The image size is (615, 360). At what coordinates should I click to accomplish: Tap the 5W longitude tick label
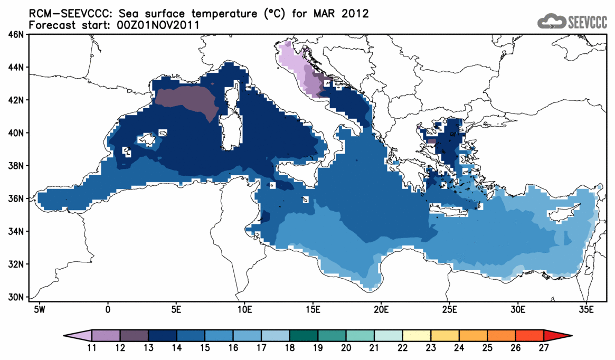[x=39, y=308]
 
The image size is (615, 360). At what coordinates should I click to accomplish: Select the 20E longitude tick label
[x=381, y=308]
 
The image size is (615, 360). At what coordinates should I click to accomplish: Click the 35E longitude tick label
[x=586, y=308]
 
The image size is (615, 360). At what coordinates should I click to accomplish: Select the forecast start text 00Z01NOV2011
[x=158, y=25]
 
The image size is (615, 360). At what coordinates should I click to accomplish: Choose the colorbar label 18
[x=290, y=347]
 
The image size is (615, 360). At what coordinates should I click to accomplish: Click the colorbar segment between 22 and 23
[x=417, y=336]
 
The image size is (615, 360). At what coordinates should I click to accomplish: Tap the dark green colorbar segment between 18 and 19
[x=304, y=336]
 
